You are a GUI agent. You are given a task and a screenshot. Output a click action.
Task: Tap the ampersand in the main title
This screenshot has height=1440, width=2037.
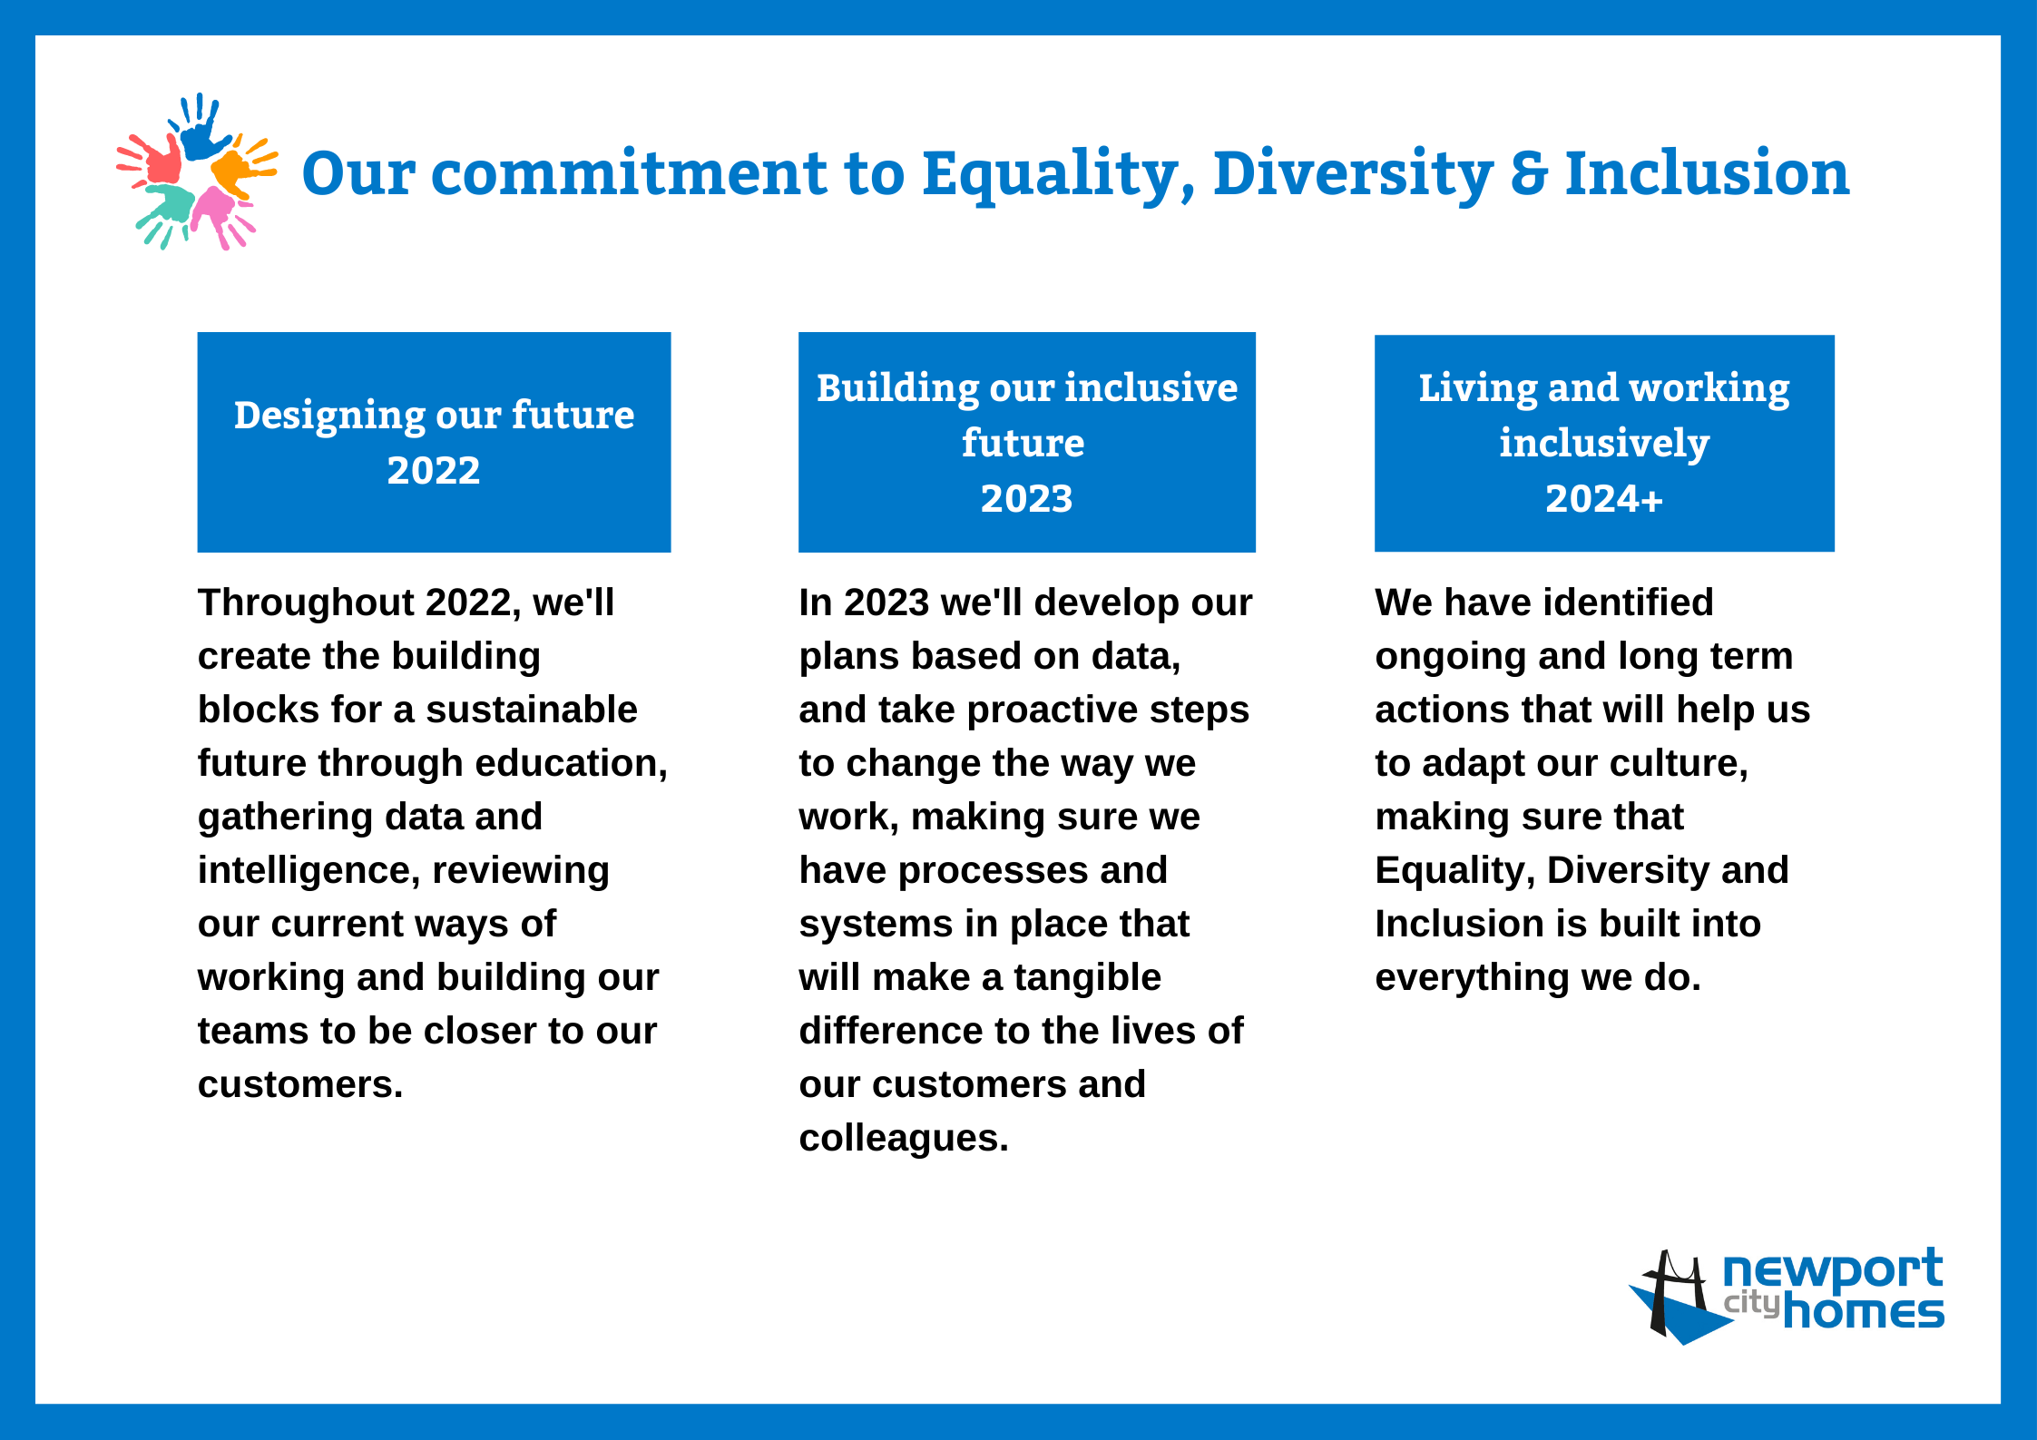click(x=1529, y=173)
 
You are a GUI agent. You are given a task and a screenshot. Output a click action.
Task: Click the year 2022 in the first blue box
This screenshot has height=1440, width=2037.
click(x=434, y=470)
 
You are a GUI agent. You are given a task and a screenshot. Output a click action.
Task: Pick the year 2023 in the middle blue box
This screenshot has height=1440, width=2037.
click(x=1026, y=498)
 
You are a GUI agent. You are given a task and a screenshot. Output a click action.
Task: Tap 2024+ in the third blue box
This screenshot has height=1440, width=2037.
click(x=1604, y=498)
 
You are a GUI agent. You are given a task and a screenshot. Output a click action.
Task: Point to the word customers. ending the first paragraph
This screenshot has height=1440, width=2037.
click(x=300, y=1084)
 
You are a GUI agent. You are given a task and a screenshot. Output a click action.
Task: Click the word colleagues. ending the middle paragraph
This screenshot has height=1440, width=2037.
click(x=904, y=1139)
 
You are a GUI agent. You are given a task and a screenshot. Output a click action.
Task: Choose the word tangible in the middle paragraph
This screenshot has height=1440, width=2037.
click(x=1087, y=978)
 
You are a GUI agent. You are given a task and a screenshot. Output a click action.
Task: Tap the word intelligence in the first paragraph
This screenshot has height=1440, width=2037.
click(x=308, y=871)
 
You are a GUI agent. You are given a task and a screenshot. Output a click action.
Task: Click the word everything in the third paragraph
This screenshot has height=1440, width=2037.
click(x=1472, y=978)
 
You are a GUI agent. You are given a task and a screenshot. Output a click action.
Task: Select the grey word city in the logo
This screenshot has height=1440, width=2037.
click(x=1751, y=1303)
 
